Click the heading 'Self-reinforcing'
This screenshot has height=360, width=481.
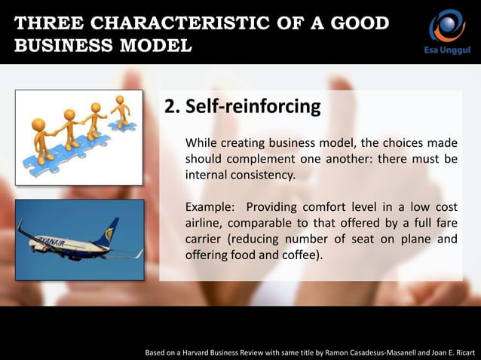coord(253,107)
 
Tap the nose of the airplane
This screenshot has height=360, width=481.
coord(20,231)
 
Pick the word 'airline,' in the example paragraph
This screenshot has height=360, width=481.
coord(207,224)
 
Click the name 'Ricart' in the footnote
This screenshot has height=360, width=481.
coord(459,352)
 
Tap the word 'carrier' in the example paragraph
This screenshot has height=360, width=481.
coord(205,239)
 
